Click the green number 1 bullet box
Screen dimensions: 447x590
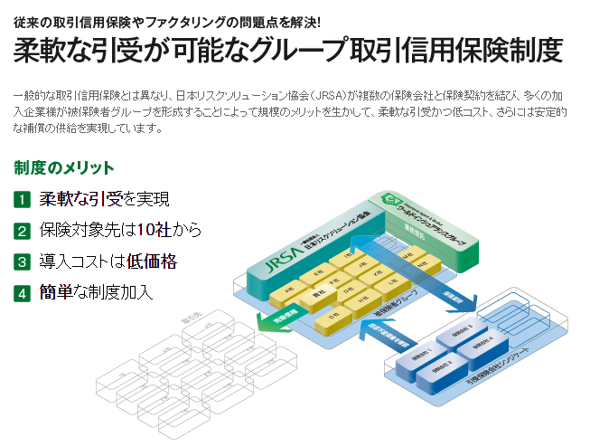point(22,199)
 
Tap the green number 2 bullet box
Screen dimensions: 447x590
point(22,231)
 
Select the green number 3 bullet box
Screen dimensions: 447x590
point(22,262)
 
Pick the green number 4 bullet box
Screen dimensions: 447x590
point(22,293)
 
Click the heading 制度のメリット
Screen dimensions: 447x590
point(64,168)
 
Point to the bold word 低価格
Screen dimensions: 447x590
point(152,262)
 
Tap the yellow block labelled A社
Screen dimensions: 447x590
point(290,282)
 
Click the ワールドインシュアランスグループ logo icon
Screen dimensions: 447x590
point(389,201)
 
